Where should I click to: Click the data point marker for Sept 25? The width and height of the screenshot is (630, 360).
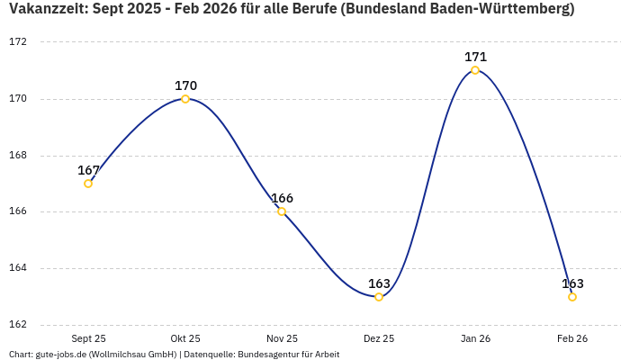coord(88,184)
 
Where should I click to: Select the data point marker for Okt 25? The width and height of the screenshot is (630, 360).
coord(185,99)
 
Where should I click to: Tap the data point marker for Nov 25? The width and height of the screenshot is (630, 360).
coord(282,211)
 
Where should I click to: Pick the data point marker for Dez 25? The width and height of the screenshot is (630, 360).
coord(379,297)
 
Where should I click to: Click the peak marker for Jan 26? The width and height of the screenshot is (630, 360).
coord(475,70)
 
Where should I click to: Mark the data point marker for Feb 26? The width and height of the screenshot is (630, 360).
coord(572,297)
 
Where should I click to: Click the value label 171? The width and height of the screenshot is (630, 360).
coord(475,57)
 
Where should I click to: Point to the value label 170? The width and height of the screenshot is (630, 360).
coord(185,85)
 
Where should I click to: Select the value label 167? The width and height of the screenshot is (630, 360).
coord(88,170)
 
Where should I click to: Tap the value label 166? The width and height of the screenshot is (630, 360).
coord(282,198)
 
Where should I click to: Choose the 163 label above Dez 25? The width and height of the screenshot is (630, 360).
coord(379,283)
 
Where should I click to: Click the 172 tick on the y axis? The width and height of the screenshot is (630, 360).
coord(18,42)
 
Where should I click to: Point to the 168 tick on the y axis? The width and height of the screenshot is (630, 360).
coord(18,156)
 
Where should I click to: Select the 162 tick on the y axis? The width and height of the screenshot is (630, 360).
coord(18,325)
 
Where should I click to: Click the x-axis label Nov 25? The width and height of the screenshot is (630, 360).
coord(282,339)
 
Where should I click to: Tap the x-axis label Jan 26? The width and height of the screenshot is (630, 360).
coord(475,339)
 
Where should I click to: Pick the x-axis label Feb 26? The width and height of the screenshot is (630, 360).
coord(572,339)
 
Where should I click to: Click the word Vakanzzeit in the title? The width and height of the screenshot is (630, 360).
coord(44,10)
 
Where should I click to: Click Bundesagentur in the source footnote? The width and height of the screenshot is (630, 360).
coord(266,355)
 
